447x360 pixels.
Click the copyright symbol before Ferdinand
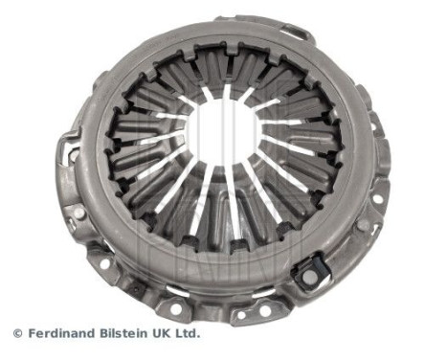17,334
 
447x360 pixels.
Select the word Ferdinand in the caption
60,334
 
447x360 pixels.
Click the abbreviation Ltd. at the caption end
188,334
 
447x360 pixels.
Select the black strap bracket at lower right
311,274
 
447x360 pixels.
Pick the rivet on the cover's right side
365,226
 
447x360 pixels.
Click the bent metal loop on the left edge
67,148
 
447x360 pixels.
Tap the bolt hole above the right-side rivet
376,199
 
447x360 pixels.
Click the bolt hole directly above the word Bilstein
135,288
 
